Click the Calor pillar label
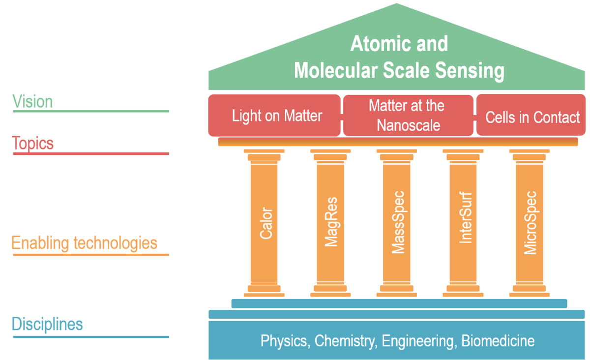[x=266, y=224]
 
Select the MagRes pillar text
[x=331, y=222]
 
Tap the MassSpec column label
[x=398, y=222]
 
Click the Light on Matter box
[x=277, y=116]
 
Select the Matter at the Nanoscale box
[x=407, y=116]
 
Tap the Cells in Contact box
[x=532, y=118]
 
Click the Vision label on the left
[x=32, y=102]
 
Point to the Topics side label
[x=32, y=143]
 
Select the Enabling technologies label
[x=85, y=243]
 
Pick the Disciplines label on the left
[x=47, y=325]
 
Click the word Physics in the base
[x=284, y=341]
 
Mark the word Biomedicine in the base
[x=498, y=341]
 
